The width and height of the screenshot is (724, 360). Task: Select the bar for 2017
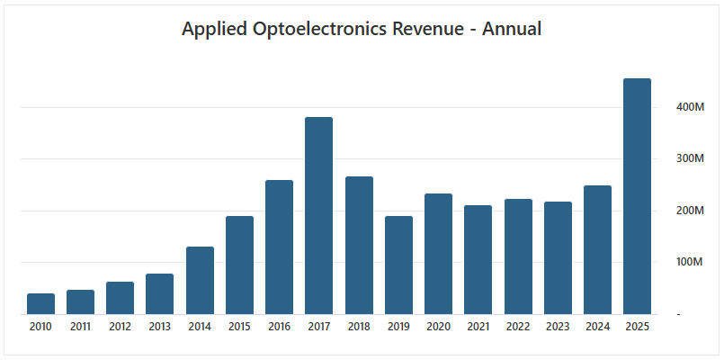point(318,216)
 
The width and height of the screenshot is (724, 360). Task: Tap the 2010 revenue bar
point(40,304)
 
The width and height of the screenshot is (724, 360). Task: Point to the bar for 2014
point(200,281)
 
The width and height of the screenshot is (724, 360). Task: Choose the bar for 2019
point(398,265)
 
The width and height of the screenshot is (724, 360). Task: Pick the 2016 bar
point(279,247)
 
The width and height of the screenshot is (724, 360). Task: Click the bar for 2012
point(120,298)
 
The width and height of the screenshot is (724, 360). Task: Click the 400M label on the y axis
point(691,107)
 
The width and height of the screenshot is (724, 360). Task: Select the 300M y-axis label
point(691,159)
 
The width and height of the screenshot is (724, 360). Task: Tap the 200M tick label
point(691,211)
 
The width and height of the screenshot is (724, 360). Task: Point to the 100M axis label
point(691,263)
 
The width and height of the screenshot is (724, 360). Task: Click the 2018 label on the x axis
point(359,326)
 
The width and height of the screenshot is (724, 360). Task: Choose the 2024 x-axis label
point(597,326)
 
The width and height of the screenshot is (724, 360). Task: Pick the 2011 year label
point(80,326)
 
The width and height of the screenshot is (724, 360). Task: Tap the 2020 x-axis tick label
point(438,326)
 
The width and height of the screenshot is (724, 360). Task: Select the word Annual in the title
point(512,29)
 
